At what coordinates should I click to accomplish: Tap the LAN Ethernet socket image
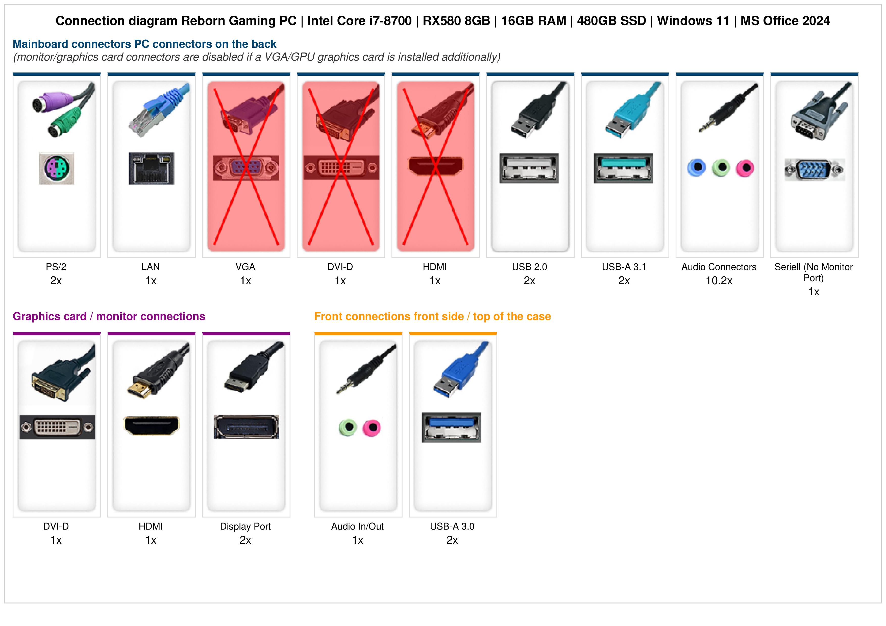coord(151,168)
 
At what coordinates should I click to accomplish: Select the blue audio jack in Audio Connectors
coord(697,168)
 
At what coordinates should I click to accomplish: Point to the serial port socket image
coord(815,169)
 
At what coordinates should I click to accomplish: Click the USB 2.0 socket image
coord(529,168)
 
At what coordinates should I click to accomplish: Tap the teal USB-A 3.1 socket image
coord(624,168)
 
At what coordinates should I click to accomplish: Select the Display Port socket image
coord(247,427)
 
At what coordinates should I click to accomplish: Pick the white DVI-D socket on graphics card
coord(57,427)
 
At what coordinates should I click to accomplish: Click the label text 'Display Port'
coord(245,527)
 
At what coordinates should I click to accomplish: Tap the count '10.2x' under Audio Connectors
coord(719,281)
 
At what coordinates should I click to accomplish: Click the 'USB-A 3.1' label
coord(624,267)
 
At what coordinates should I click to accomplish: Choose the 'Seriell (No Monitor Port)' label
coord(814,272)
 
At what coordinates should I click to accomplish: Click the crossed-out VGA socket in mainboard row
coord(246,168)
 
